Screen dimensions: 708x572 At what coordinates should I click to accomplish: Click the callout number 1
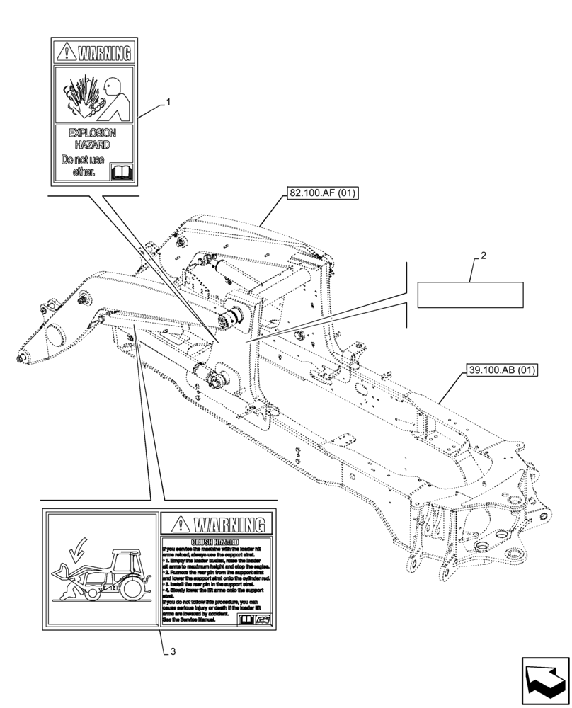[x=168, y=103]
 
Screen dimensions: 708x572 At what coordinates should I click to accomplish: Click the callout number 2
[x=482, y=256]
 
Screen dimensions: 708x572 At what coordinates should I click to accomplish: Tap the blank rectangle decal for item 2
[x=470, y=295]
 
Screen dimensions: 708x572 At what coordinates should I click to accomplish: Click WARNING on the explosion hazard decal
[x=104, y=53]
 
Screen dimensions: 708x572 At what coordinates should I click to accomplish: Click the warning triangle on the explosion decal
[x=67, y=52]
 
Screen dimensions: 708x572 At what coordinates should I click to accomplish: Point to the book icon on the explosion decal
[x=122, y=172]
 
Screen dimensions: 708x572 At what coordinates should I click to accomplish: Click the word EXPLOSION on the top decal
[x=92, y=133]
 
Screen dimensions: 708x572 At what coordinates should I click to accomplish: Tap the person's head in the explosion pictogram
[x=111, y=88]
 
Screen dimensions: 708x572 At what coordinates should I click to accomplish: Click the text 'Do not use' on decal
[x=83, y=161]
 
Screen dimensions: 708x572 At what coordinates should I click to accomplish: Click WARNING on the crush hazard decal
[x=228, y=525]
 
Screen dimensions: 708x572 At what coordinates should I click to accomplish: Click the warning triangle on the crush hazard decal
[x=179, y=525]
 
